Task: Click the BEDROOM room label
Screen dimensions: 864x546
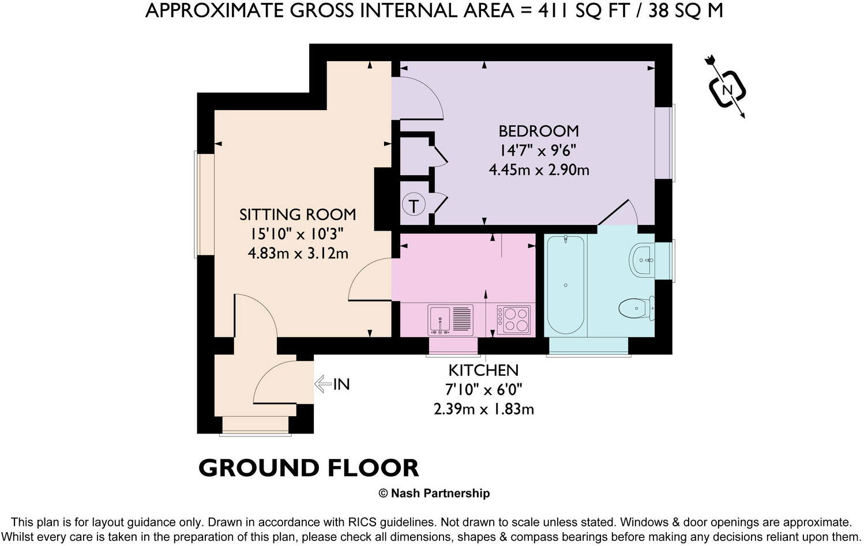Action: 539,131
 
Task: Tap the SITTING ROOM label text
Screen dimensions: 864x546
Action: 298,214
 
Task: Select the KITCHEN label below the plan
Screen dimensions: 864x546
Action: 483,371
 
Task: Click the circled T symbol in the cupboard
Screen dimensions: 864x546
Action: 414,205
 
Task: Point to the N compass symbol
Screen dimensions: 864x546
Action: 727,90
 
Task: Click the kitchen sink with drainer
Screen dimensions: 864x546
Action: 450,319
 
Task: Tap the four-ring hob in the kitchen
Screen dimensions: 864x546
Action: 513,319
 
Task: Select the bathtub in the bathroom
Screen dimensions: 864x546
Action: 565,285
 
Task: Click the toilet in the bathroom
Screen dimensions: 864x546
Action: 637,308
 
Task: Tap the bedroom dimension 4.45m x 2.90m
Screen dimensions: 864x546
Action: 539,170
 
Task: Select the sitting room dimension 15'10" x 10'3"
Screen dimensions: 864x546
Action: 298,234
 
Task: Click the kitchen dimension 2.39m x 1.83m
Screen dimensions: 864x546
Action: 484,409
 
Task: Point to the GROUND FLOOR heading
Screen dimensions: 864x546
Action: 309,468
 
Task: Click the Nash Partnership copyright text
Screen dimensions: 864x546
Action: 434,493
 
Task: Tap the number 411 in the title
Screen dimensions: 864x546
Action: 554,11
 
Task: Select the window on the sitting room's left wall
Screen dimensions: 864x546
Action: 204,204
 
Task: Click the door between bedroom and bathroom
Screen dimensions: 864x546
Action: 618,213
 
